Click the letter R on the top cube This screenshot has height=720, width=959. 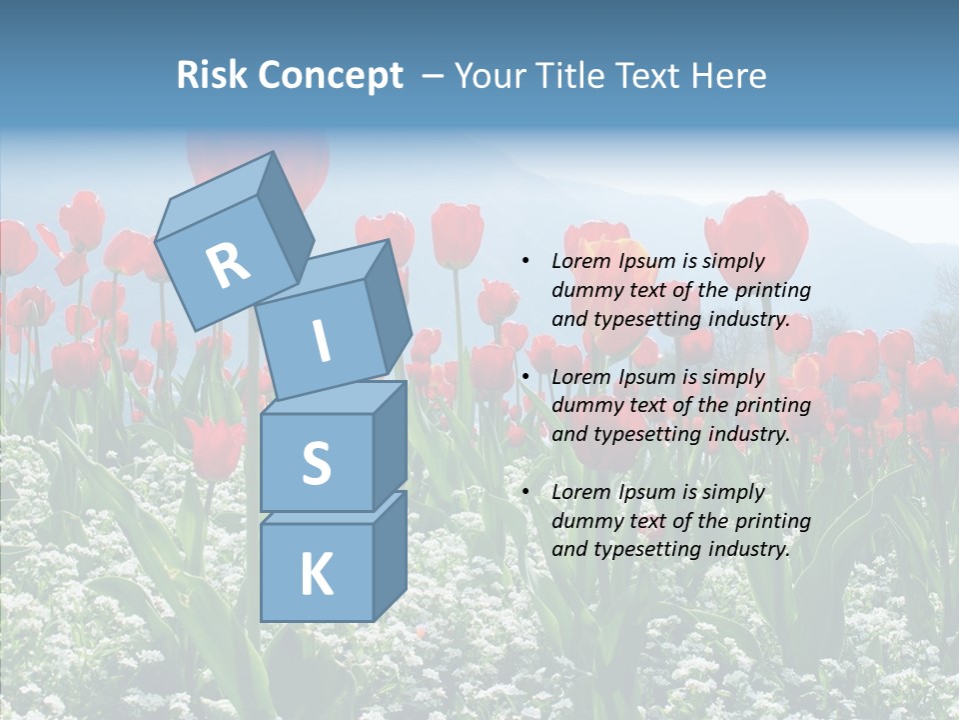tap(228, 265)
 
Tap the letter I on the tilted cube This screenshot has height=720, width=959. tap(321, 342)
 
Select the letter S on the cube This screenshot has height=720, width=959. tap(316, 464)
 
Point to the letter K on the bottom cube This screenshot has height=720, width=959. tap(316, 575)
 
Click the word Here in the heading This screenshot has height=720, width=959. tap(729, 75)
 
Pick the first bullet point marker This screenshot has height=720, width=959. tap(525, 261)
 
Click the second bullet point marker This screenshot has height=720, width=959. tap(525, 377)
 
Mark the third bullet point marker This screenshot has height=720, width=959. tap(525, 492)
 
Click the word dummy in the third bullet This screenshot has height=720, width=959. tap(583, 521)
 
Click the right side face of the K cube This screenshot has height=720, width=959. tap(391, 555)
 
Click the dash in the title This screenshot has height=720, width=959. tap(434, 76)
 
